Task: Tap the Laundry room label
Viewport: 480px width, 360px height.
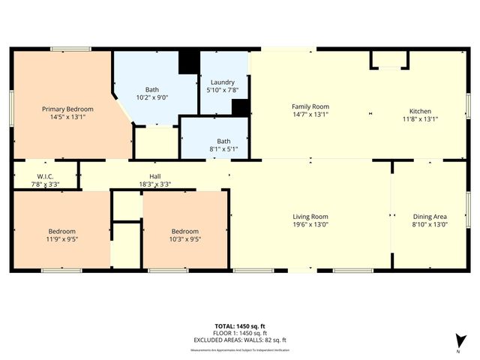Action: pos(223,82)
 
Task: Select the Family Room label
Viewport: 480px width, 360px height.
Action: pos(310,106)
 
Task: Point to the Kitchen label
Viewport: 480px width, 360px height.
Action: pos(419,110)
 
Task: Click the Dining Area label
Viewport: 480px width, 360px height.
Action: pos(430,216)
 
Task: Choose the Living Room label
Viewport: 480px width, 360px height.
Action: pos(310,216)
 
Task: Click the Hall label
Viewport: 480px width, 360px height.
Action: pos(154,176)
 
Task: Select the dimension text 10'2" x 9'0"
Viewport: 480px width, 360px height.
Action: pos(151,97)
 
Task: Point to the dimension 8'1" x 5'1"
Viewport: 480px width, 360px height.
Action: pos(223,148)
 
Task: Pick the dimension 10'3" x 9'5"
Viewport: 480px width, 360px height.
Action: pos(184,239)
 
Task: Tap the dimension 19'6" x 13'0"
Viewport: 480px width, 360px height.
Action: pos(310,223)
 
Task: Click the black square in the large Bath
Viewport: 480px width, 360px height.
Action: pos(189,61)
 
